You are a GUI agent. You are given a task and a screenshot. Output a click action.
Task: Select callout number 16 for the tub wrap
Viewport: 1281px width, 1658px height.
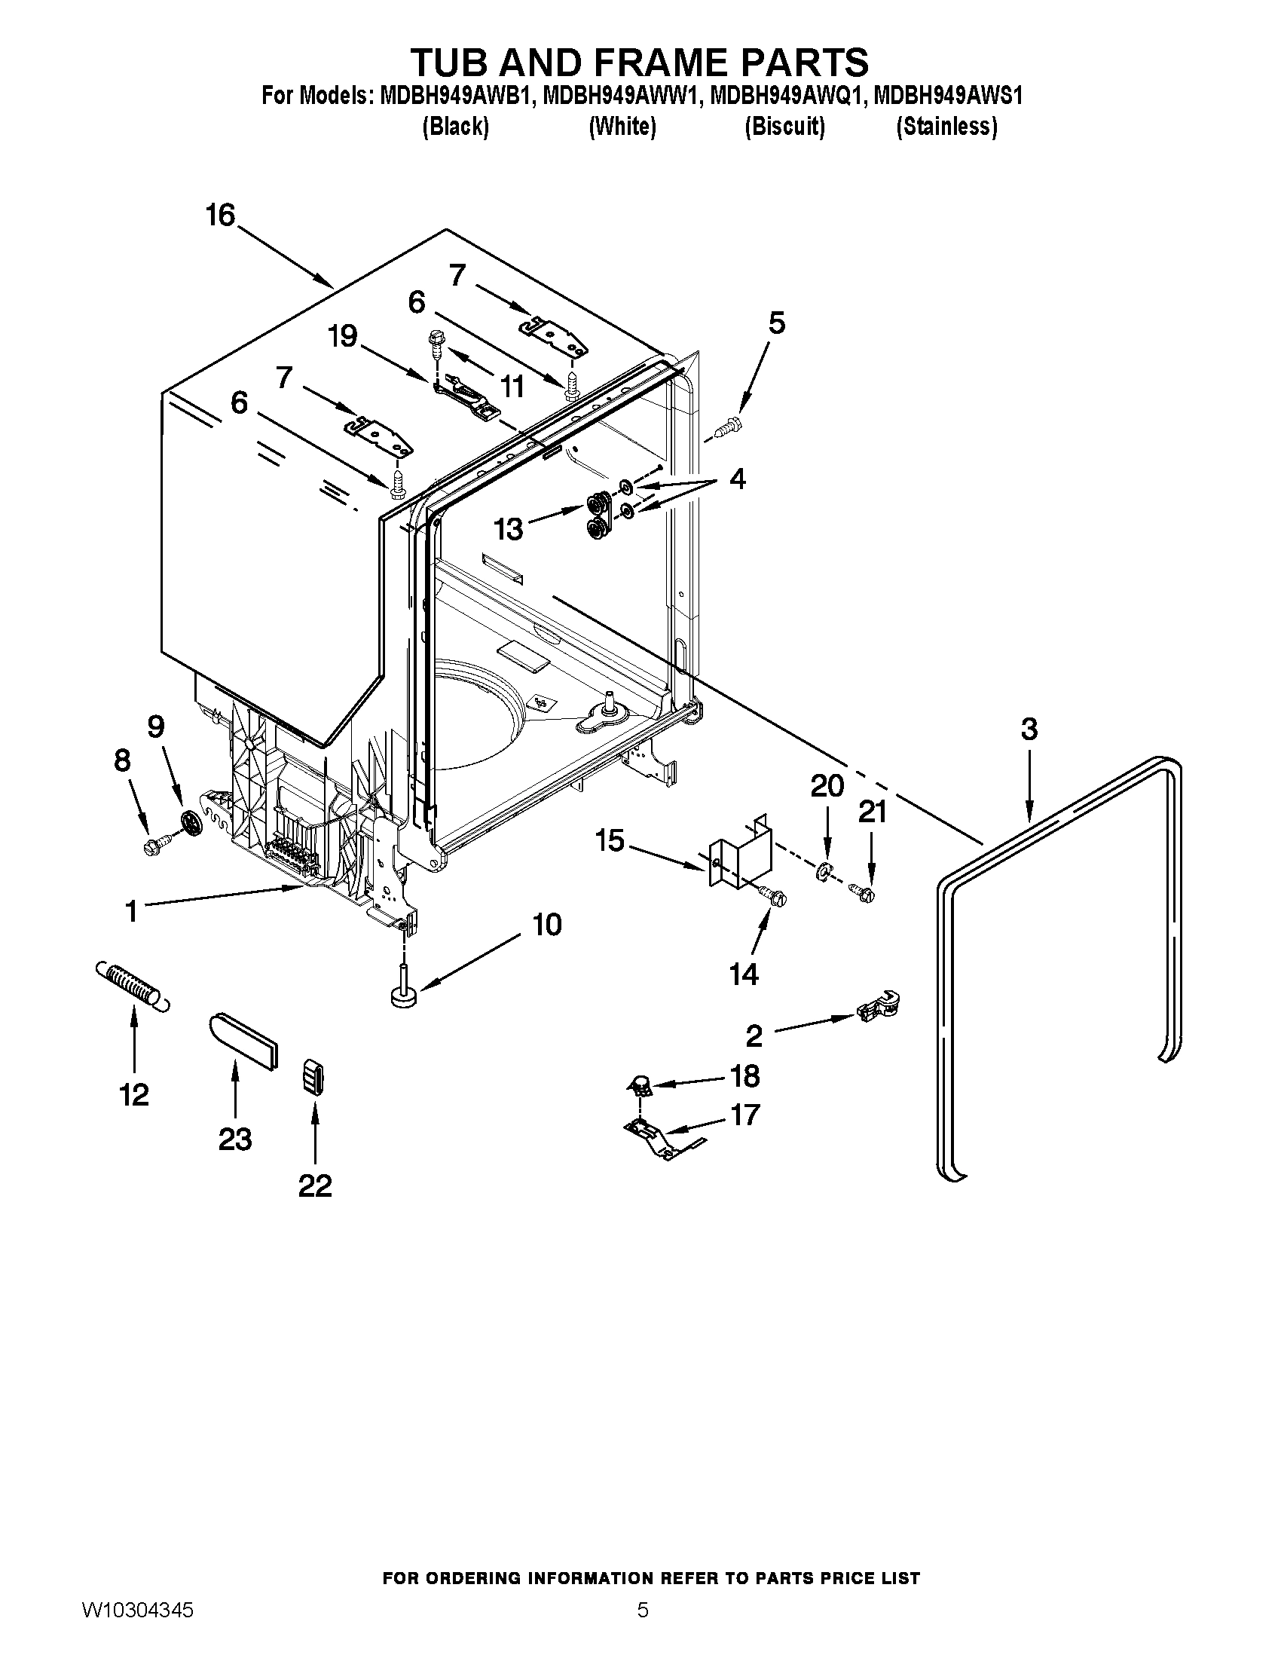(221, 216)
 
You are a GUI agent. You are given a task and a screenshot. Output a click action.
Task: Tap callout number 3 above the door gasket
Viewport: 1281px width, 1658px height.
(1029, 730)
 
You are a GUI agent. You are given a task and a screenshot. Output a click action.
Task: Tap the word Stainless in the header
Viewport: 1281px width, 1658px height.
(946, 127)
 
